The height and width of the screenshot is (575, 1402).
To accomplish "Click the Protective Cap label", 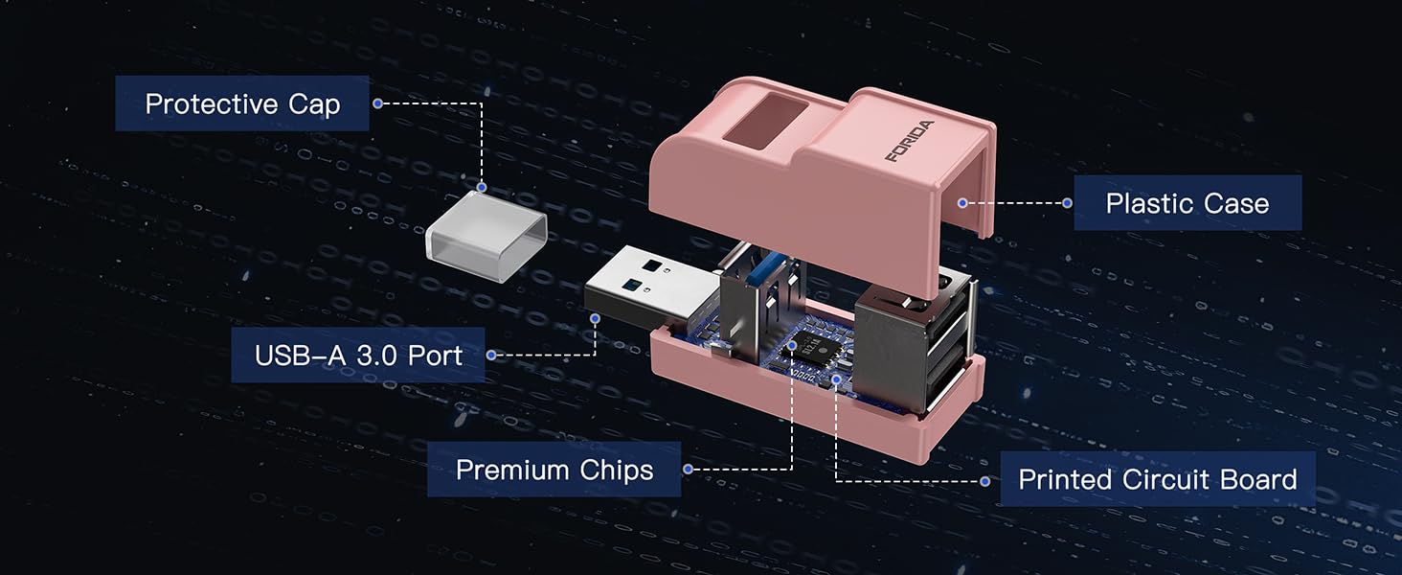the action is (242, 103).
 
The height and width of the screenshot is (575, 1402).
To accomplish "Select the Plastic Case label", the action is (1187, 203).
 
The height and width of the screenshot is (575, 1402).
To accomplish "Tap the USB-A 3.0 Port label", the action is (358, 356).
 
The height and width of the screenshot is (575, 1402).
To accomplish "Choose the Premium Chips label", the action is (554, 470).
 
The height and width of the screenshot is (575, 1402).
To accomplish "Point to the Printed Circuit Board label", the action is (1157, 479).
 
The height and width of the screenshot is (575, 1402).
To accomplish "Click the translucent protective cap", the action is (486, 235).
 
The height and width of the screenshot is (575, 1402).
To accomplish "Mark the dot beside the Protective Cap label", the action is (378, 103).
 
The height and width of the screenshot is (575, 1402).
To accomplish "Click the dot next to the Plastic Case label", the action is (1067, 203).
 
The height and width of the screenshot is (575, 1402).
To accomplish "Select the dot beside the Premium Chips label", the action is (688, 470).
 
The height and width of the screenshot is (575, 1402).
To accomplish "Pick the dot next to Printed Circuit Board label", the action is (985, 479).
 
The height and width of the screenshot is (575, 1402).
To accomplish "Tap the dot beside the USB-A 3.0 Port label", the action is (491, 356).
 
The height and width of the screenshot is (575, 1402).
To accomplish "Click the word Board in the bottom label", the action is (1254, 479).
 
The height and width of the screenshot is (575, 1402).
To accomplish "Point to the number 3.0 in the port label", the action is (378, 356).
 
